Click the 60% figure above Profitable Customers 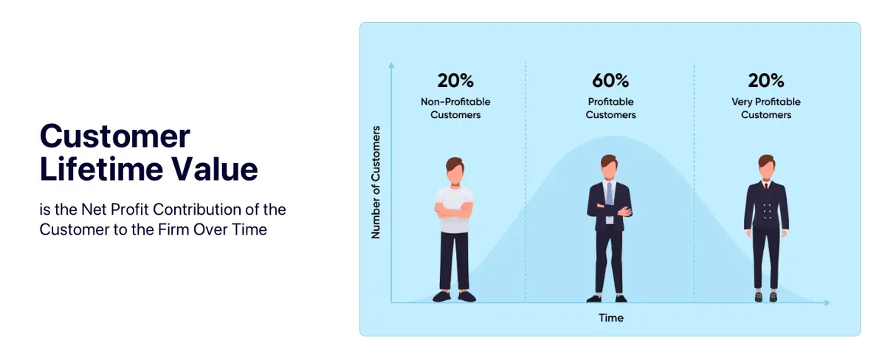click(x=610, y=80)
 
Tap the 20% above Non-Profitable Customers click(x=455, y=80)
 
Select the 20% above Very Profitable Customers click(x=766, y=80)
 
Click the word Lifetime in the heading click(x=101, y=169)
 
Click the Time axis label click(x=610, y=318)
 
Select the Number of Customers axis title click(x=376, y=182)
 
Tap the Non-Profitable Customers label click(x=455, y=108)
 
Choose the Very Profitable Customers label click(x=766, y=108)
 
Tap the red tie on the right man click(x=766, y=186)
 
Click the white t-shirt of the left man click(x=455, y=210)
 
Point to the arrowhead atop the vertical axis click(x=391, y=65)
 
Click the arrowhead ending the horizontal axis click(x=827, y=303)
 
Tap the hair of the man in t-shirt click(x=455, y=164)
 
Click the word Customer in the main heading click(x=114, y=136)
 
